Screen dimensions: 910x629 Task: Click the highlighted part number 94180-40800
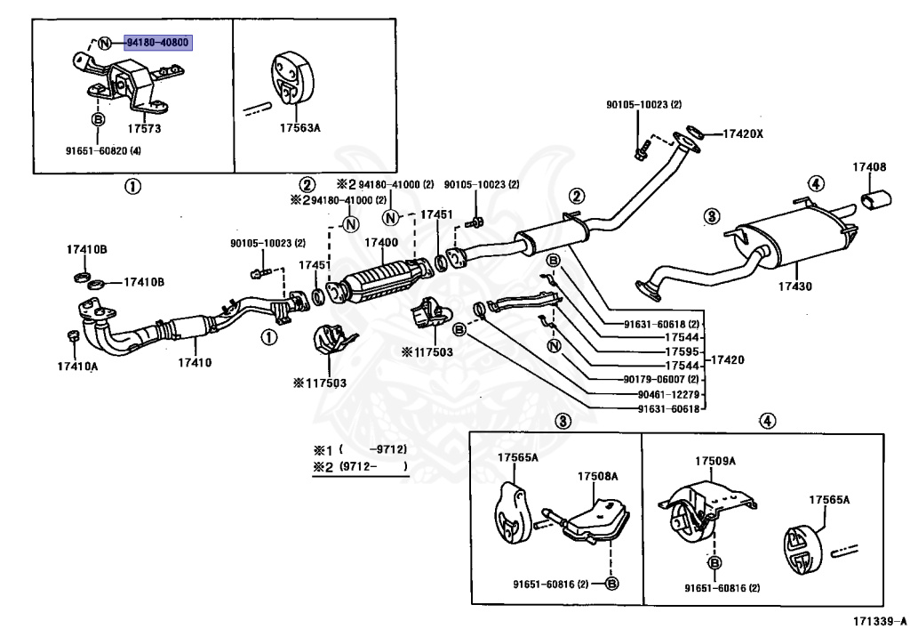158,43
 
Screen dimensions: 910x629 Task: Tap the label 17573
144,128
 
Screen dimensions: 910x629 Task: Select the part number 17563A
299,128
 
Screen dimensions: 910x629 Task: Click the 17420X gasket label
743,133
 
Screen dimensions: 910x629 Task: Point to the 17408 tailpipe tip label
869,167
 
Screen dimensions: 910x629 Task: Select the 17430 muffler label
795,286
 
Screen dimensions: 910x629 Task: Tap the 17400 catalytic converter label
381,243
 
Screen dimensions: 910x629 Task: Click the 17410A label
78,367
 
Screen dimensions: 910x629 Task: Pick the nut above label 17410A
74,335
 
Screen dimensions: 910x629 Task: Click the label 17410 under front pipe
195,363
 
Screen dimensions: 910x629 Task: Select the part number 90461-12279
668,394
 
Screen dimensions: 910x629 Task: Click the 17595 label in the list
682,351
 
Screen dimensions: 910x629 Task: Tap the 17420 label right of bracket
727,360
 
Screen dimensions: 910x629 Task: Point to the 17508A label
597,477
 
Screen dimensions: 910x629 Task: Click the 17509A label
715,461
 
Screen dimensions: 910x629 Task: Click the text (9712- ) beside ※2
373,466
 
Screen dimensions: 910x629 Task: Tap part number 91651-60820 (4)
103,151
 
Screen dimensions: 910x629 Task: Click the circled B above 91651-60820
98,119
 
